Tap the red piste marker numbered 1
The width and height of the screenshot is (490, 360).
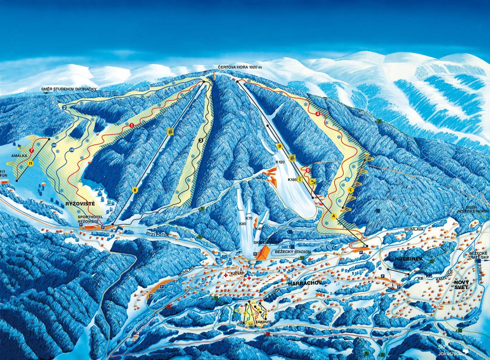pyautogui.click(x=132, y=125)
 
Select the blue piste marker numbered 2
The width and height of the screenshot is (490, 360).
pyautogui.click(x=64, y=107)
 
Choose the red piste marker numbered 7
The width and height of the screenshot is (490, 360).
pyautogui.click(x=31, y=151)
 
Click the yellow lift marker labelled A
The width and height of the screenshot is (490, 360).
pyautogui.click(x=334, y=216)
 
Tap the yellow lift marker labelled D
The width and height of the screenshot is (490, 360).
pyautogui.click(x=280, y=146)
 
